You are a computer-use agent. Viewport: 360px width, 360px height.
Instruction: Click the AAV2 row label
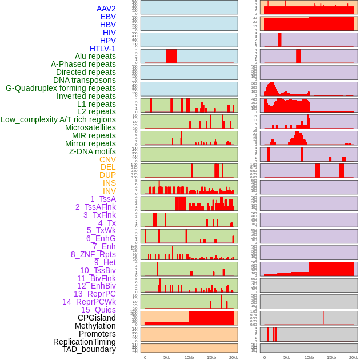(x=106, y=9)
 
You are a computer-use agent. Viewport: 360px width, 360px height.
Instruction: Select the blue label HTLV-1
(x=103, y=49)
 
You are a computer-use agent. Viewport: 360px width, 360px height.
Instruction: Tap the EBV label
(x=108, y=17)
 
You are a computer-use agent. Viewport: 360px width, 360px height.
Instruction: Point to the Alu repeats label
(x=95, y=56)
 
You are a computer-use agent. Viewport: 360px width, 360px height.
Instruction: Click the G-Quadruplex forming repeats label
(x=61, y=88)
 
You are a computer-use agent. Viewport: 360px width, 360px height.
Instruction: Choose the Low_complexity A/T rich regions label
(x=58, y=119)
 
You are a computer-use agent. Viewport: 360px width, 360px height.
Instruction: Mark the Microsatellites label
(x=90, y=127)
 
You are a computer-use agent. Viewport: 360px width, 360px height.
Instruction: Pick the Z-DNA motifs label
(x=93, y=151)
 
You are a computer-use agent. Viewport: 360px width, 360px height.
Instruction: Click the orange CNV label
(x=107, y=159)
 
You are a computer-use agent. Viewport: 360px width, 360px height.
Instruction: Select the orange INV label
(x=109, y=191)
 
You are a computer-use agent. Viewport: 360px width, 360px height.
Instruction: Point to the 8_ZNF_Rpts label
(x=93, y=254)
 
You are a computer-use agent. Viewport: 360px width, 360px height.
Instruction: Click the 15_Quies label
(x=98, y=310)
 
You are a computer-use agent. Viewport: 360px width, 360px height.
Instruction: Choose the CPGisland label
(x=97, y=318)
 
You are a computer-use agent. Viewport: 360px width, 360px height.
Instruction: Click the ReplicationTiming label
(x=84, y=342)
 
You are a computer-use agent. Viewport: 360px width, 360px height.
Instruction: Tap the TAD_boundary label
(x=89, y=349)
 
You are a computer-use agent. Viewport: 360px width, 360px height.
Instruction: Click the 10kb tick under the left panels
(x=189, y=357)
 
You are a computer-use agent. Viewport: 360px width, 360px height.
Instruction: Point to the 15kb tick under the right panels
(x=331, y=357)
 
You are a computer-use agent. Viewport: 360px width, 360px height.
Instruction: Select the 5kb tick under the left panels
(x=167, y=357)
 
